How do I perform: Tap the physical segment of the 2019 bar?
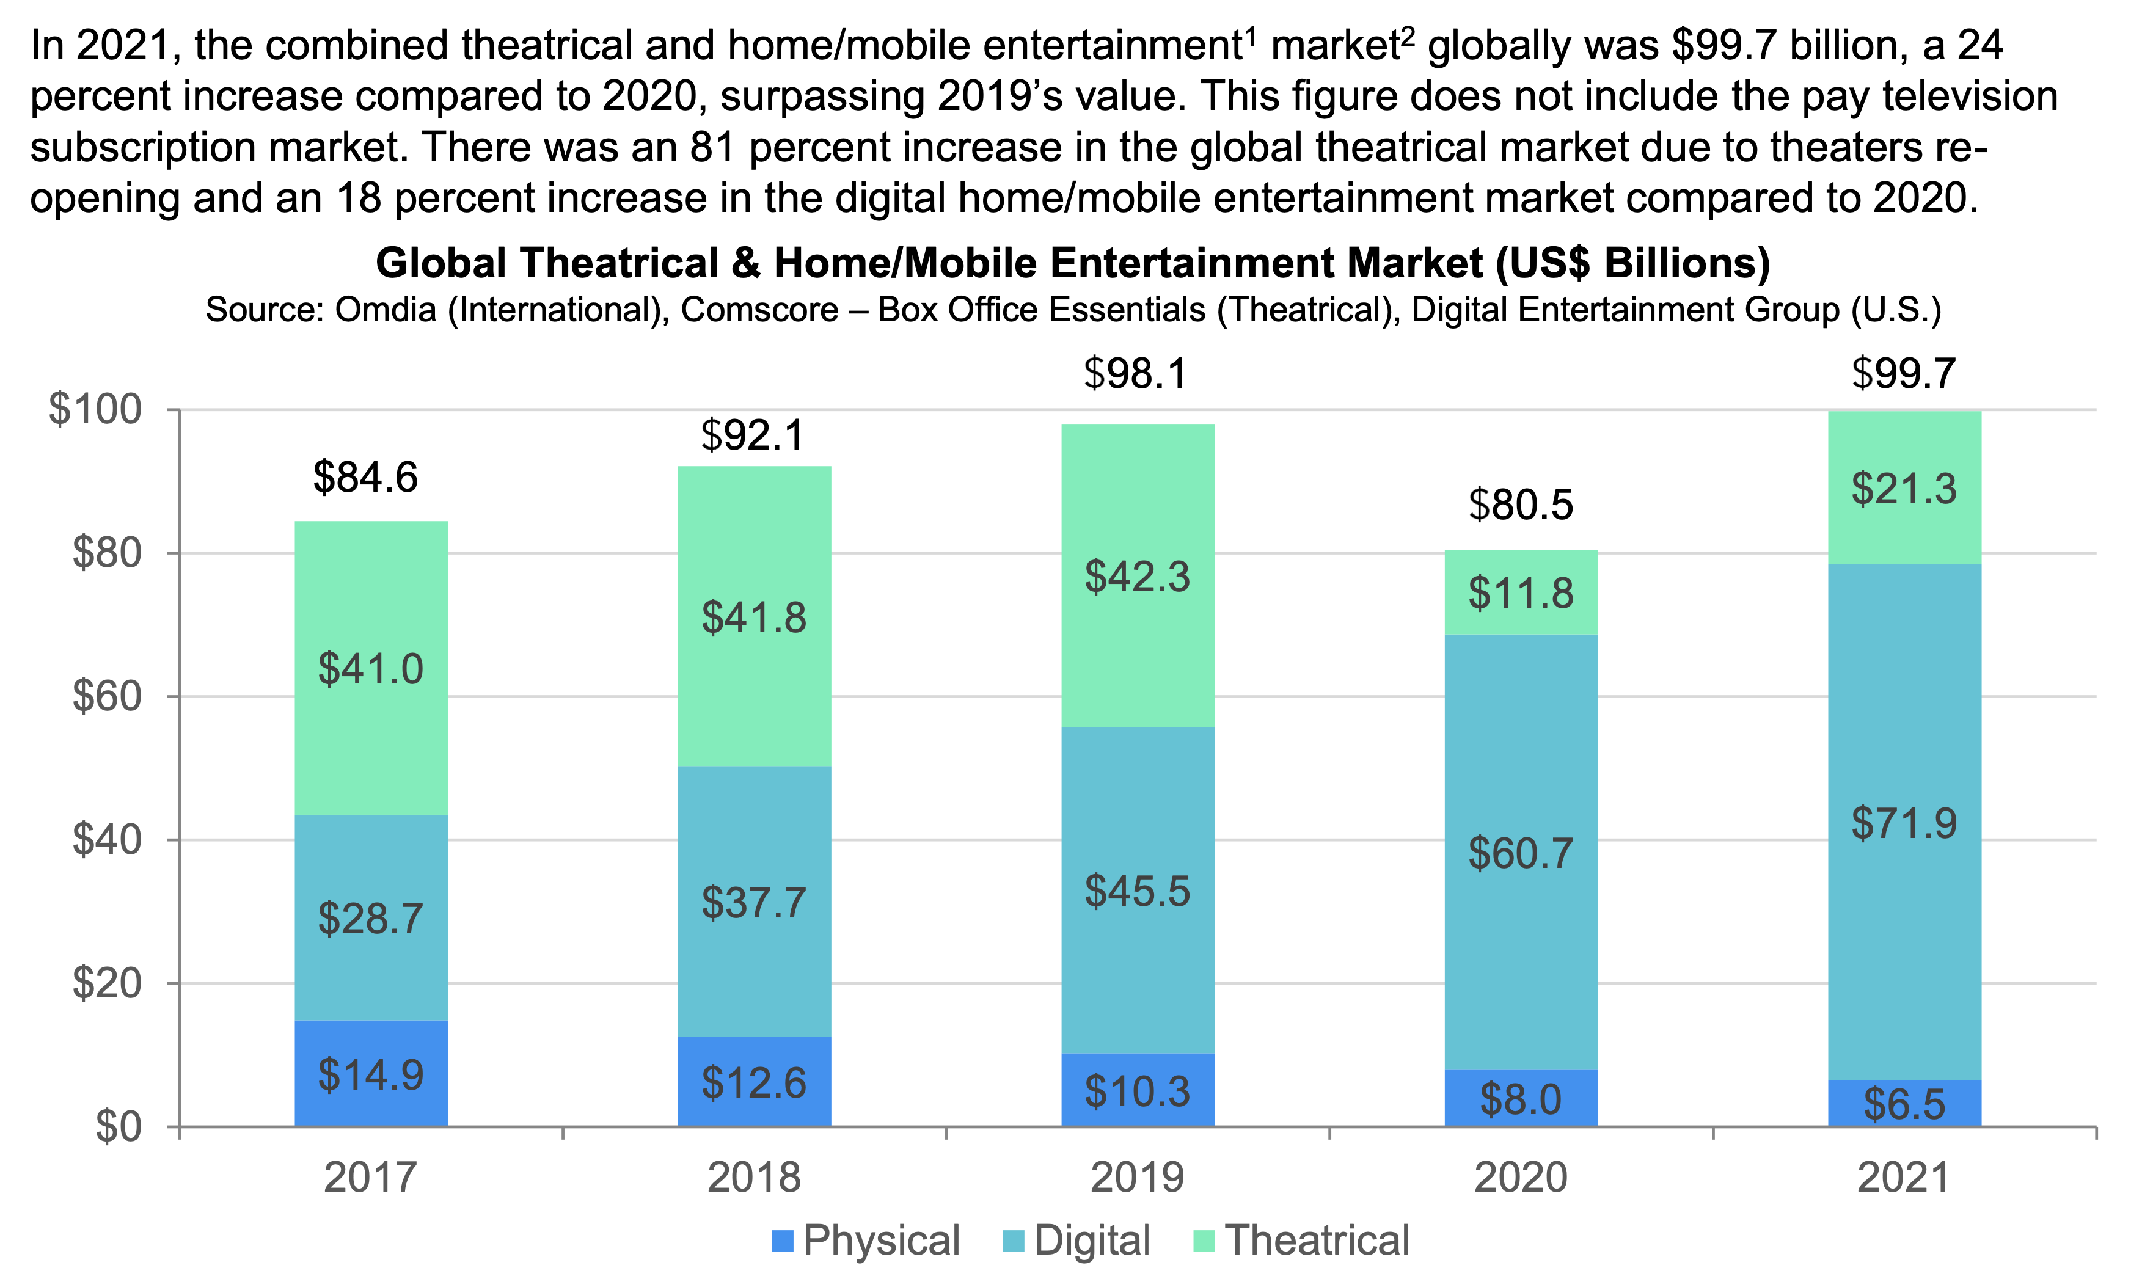1137,1090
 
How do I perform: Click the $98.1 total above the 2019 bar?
1135,373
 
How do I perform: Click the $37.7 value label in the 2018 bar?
753,902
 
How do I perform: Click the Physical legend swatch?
782,1241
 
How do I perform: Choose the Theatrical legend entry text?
1317,1241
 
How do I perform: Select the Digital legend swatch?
1014,1241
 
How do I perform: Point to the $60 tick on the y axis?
107,696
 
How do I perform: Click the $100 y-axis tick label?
95,409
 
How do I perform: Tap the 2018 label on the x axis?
753,1177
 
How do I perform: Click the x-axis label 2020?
1521,1177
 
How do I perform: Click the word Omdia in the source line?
386,310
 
